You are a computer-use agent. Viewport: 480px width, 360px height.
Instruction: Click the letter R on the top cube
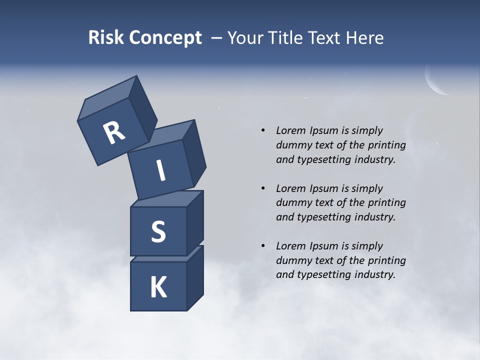point(114,133)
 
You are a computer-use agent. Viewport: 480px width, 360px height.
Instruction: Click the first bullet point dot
point(263,130)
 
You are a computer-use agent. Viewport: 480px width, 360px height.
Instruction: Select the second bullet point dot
point(263,188)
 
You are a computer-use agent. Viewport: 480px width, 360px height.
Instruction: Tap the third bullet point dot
point(263,246)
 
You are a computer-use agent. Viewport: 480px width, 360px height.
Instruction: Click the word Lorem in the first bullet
point(290,130)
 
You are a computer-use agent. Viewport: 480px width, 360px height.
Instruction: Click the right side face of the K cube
point(195,277)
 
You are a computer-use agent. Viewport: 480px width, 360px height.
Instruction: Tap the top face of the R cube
point(107,98)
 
